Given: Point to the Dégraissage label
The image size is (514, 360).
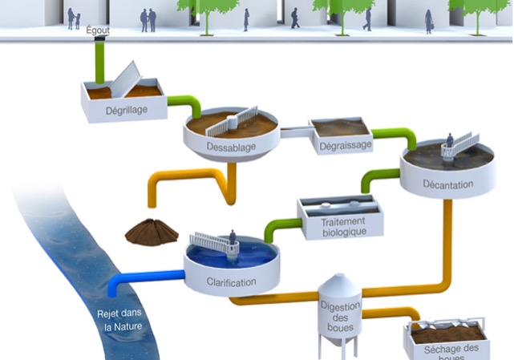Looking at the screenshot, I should coord(346,145).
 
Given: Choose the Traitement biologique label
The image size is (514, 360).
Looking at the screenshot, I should coord(343,226).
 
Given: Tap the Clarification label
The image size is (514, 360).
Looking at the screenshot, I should coord(231,282).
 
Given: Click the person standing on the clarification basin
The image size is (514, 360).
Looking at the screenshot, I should coord(233,239).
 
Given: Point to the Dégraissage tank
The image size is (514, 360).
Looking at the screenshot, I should coord(340,128).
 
